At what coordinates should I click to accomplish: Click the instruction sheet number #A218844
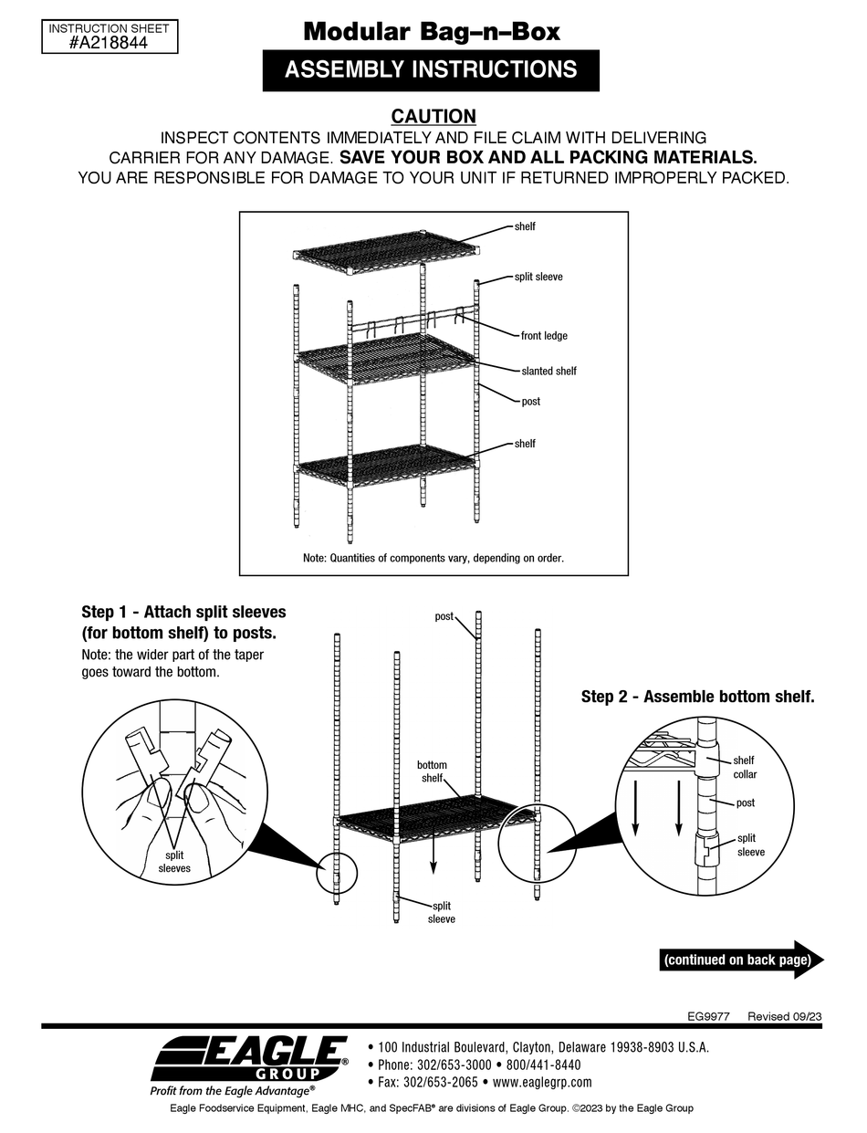click(109, 43)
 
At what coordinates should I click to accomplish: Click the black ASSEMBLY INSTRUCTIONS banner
click(431, 70)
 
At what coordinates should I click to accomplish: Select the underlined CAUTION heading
click(433, 116)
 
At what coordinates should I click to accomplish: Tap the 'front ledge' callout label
click(544, 336)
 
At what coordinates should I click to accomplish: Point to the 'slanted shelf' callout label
click(548, 371)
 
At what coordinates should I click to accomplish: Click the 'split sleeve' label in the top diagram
click(538, 277)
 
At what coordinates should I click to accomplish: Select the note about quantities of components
click(433, 558)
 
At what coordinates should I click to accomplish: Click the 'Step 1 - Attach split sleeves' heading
click(183, 612)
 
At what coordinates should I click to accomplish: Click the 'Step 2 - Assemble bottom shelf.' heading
click(697, 697)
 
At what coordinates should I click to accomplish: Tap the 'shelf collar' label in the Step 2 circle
click(744, 767)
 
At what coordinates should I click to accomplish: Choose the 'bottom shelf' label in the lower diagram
click(432, 771)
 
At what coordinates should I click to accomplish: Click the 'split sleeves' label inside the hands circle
click(174, 862)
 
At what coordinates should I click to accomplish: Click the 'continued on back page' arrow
click(741, 960)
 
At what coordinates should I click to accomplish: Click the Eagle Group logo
click(248, 1059)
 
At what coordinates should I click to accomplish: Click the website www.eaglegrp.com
click(542, 1083)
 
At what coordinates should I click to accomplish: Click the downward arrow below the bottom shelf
click(433, 853)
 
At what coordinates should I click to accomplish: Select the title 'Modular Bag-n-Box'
click(432, 32)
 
